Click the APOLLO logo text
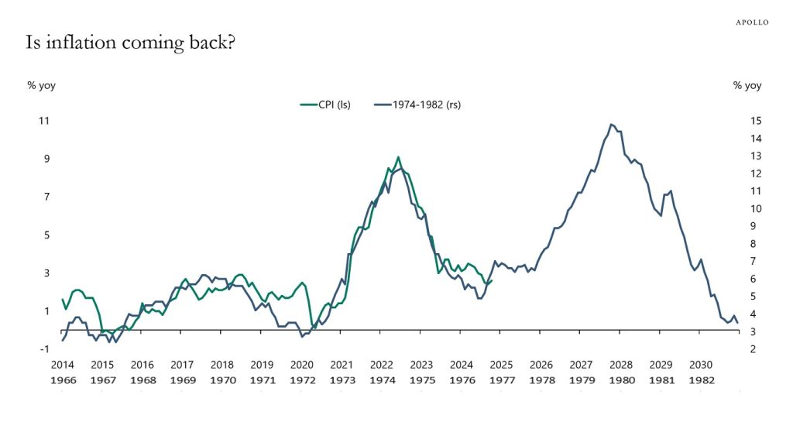pos(751,22)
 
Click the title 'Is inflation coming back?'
pos(130,43)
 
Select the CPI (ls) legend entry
pos(324,105)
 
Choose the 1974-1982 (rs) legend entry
pos(417,105)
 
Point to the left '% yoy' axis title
pos(41,85)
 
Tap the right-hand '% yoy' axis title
pos(747,85)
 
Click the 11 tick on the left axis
pos(43,121)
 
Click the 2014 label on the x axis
pos(62,365)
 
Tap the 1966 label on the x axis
pos(62,380)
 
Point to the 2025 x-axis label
pos(501,365)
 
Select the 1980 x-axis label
pos(621,380)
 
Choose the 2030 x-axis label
pos(701,365)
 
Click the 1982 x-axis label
pos(701,380)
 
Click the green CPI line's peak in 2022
pos(398,157)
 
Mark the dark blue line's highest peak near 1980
pos(611,124)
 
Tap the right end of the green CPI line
pos(492,280)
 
